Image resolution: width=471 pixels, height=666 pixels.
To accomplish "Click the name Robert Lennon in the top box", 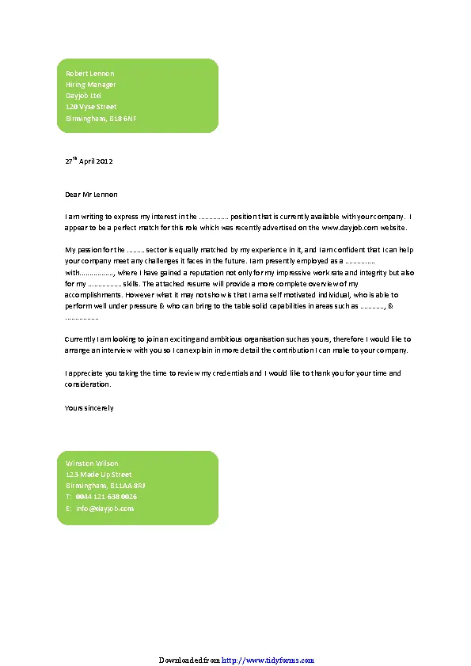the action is point(89,74).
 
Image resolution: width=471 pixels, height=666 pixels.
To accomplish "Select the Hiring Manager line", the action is point(90,85).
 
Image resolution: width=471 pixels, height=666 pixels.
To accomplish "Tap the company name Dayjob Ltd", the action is point(83,96).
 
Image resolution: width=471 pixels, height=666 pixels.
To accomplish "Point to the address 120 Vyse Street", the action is point(91,107).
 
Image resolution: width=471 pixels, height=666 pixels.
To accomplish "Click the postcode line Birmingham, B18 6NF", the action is point(101,118).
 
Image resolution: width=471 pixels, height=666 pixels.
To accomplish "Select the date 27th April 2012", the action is point(89,161).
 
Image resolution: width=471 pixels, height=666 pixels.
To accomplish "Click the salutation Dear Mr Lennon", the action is point(90,194).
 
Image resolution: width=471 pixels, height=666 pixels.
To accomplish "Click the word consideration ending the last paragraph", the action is point(87,384).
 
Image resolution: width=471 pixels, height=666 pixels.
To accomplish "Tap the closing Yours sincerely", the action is point(89,408).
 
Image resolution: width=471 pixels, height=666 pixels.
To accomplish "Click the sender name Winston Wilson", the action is point(92,463).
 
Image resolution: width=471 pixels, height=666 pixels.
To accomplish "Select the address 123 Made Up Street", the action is point(98,475).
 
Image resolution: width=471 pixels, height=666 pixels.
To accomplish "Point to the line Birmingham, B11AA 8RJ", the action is point(105,486).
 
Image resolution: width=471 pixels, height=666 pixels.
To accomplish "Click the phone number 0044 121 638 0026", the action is point(106,497).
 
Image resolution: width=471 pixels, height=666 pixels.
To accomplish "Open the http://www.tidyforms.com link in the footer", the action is point(268,660).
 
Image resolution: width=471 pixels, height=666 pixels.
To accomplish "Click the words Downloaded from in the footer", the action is point(189,660).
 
